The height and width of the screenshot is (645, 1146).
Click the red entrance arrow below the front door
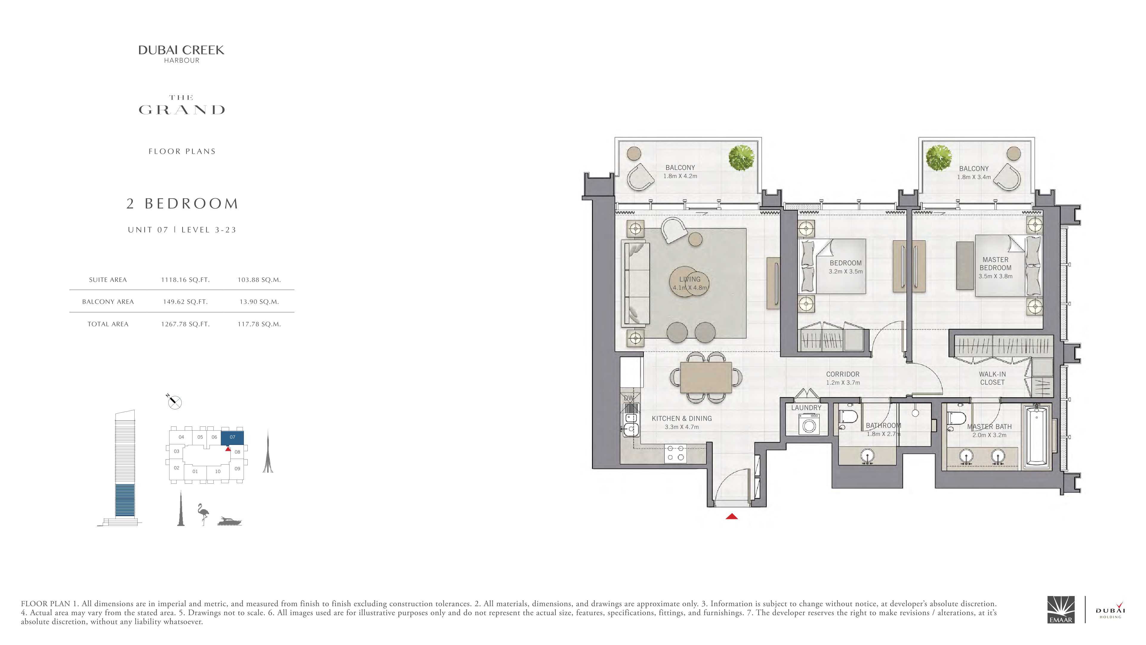pyautogui.click(x=732, y=516)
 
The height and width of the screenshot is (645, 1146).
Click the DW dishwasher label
pyautogui.click(x=629, y=398)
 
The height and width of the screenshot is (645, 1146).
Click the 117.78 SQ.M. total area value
pyautogui.click(x=259, y=324)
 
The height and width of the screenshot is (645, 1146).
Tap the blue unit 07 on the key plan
pyautogui.click(x=232, y=437)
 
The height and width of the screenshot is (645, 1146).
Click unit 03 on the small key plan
pyautogui.click(x=177, y=451)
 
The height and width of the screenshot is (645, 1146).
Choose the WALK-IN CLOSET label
pyautogui.click(x=992, y=378)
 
